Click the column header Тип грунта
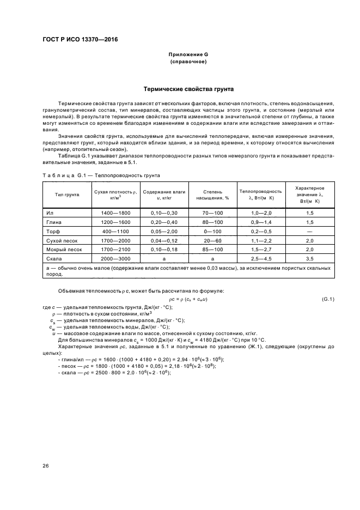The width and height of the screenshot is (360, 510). [67, 195]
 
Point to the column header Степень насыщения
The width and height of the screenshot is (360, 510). [212, 195]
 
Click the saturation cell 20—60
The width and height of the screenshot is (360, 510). [212, 240]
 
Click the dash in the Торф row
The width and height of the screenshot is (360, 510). [309, 231]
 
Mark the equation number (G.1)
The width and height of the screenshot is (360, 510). [328, 299]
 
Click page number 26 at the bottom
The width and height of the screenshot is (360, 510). [46, 465]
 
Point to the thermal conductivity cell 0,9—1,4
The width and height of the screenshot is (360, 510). [260, 223]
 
